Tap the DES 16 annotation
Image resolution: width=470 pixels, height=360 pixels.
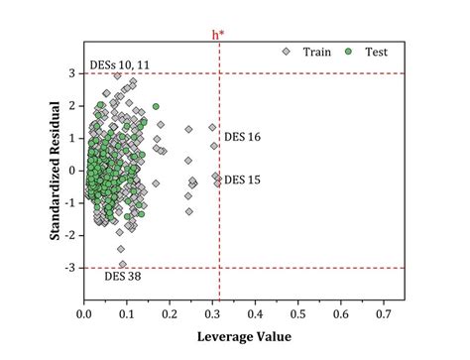point(243,137)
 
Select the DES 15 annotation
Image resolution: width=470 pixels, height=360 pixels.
point(243,180)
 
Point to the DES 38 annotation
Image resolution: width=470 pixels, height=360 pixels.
point(123,277)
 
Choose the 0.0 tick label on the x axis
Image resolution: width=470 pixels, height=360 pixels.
point(84,315)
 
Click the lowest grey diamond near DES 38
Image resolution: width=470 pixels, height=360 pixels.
point(123,264)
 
